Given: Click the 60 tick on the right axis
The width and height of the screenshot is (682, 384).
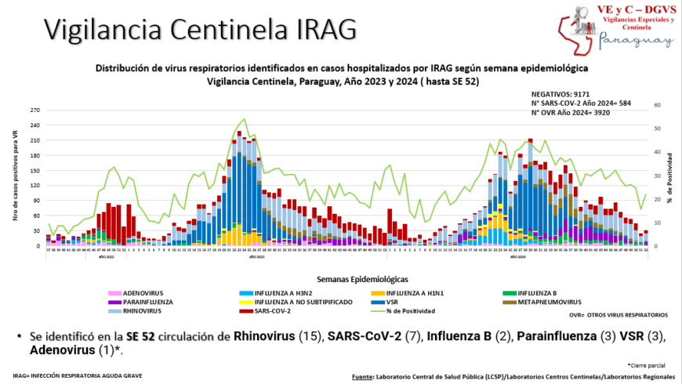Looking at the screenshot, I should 657,104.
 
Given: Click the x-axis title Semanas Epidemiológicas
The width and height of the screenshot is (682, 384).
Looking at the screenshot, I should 361,278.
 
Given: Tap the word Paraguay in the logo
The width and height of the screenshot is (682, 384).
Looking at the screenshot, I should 636,42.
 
